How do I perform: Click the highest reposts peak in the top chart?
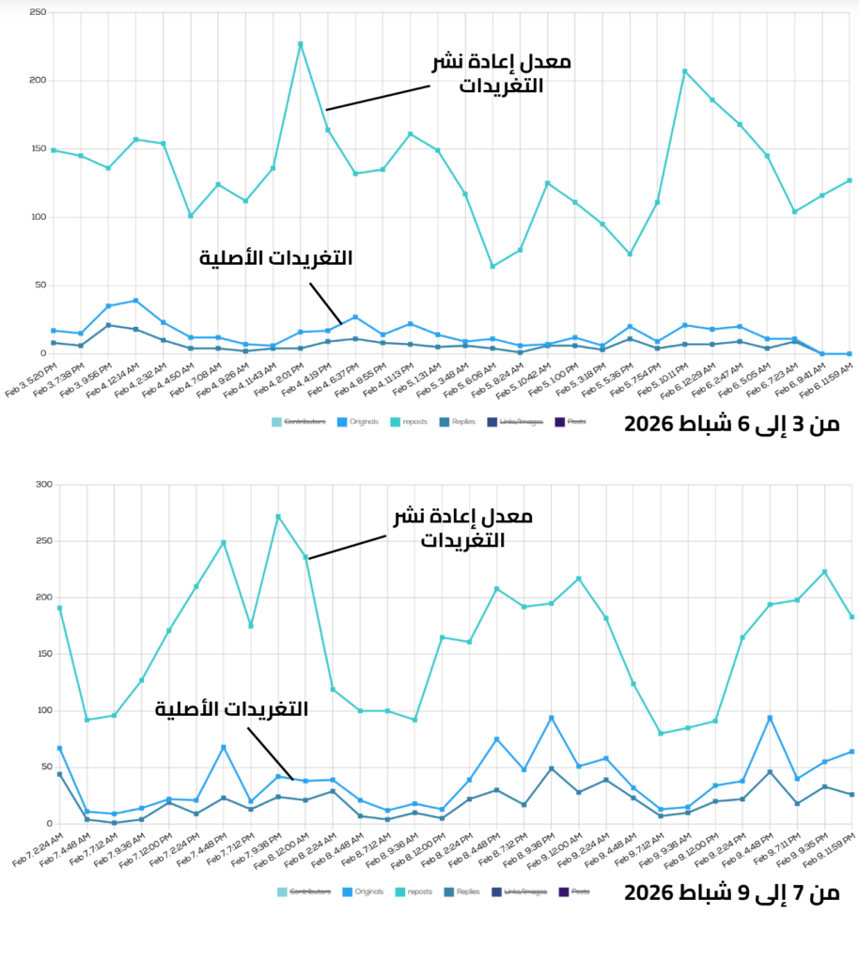pyautogui.click(x=301, y=43)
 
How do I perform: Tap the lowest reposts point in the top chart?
pyautogui.click(x=492, y=266)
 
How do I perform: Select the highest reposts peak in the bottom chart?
pyautogui.click(x=278, y=516)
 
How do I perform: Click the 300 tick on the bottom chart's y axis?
pyautogui.click(x=41, y=485)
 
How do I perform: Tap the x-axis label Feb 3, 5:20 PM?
pyautogui.click(x=28, y=376)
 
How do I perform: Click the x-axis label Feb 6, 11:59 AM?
pyautogui.click(x=827, y=376)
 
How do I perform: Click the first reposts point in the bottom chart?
pyautogui.click(x=60, y=608)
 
